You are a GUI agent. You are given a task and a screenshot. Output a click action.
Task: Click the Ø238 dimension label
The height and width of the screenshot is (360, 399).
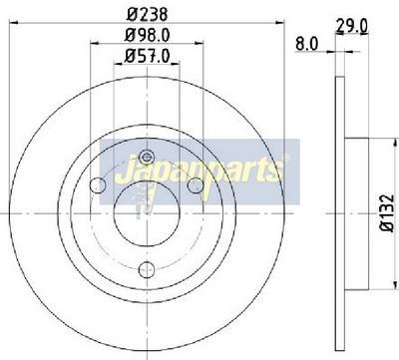[x=148, y=15]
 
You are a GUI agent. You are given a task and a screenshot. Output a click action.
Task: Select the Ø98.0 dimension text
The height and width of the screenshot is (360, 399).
[x=148, y=35]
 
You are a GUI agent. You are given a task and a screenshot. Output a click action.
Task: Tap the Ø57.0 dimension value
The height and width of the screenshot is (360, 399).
[x=148, y=56]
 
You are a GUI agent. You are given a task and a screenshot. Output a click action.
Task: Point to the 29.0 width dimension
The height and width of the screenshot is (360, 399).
[x=352, y=26]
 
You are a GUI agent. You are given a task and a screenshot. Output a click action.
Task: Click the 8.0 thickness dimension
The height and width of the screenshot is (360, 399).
[x=306, y=44]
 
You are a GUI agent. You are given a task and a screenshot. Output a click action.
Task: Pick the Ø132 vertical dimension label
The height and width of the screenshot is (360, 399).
[x=388, y=213]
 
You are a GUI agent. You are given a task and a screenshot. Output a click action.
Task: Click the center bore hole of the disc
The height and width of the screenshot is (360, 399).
[x=147, y=213]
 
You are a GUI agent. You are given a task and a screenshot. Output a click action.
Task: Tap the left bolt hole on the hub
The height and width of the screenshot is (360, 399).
[x=98, y=185]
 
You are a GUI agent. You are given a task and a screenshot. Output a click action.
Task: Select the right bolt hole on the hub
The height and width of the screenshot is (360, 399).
[x=196, y=185]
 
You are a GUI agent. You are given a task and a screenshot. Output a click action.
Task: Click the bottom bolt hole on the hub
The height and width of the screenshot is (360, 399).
[x=147, y=269]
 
